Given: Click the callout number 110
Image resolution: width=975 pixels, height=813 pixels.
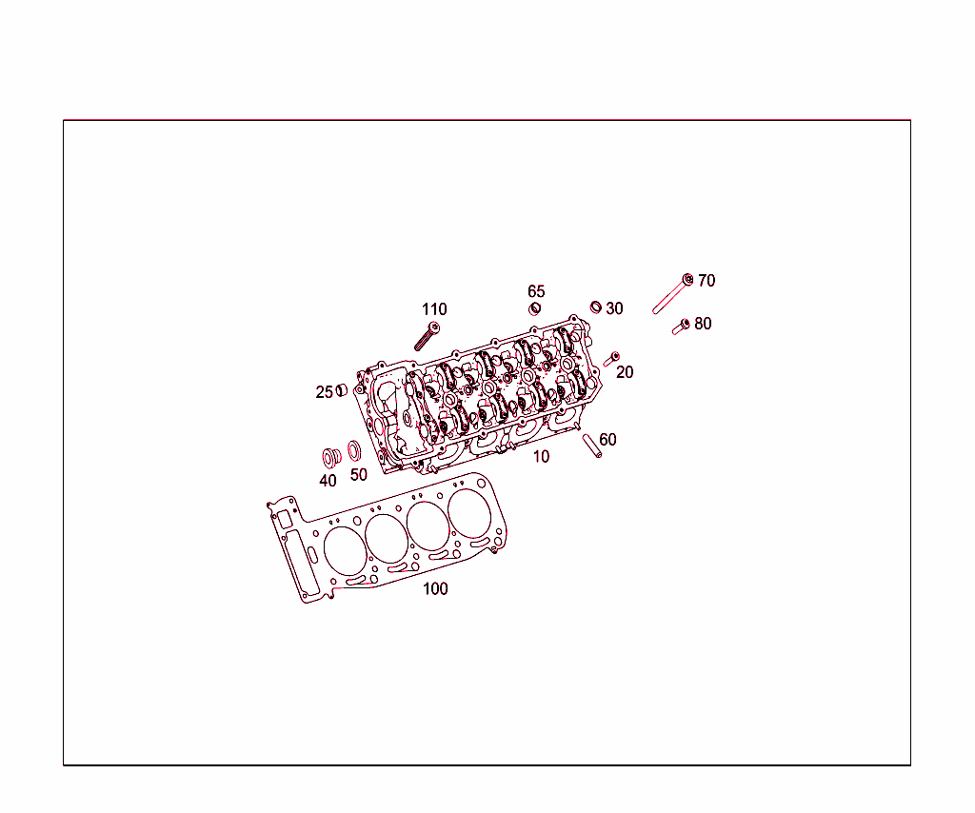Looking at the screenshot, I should tap(434, 309).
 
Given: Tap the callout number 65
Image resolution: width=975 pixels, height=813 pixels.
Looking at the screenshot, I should tap(537, 291).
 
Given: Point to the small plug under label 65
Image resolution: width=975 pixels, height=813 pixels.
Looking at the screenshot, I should tap(535, 308).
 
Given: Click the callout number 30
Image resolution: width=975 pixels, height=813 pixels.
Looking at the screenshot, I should tap(615, 308).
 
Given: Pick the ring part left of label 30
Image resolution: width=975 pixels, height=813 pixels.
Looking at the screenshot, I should tap(596, 307).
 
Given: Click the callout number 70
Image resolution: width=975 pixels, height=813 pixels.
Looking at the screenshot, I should tap(706, 281).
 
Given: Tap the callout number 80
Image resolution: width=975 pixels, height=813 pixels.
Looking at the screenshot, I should tap(703, 324).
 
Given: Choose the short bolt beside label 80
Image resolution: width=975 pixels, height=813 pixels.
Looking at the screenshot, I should tap(681, 327).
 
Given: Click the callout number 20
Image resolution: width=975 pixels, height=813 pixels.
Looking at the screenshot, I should tap(625, 372).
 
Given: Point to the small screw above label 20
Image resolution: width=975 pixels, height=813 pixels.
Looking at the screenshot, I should tap(611, 358).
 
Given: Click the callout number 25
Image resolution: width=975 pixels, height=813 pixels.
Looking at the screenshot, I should tap(325, 392).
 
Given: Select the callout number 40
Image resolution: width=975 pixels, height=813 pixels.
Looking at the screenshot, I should tap(328, 481).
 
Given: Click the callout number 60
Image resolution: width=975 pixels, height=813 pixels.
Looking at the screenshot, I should tap(607, 440).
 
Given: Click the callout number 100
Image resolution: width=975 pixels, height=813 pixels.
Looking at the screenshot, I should tap(435, 589).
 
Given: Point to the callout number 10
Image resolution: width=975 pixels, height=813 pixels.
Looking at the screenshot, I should tap(541, 457).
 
